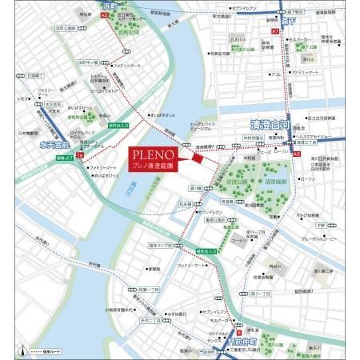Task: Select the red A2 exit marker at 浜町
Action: pyautogui.click(x=104, y=16)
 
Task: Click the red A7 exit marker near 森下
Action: pyautogui.click(x=275, y=31)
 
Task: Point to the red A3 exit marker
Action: pyautogui.click(x=297, y=155)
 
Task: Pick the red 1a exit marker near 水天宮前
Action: pyautogui.click(x=79, y=156)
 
